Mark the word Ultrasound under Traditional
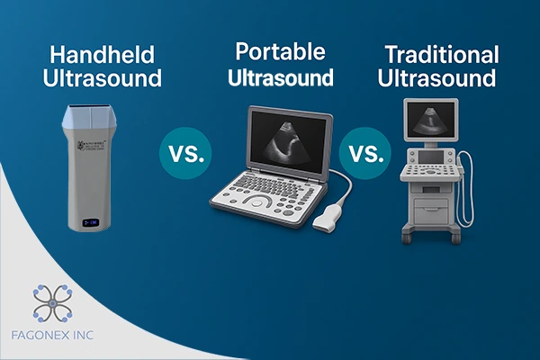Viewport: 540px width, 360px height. pyautogui.click(x=436, y=77)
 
